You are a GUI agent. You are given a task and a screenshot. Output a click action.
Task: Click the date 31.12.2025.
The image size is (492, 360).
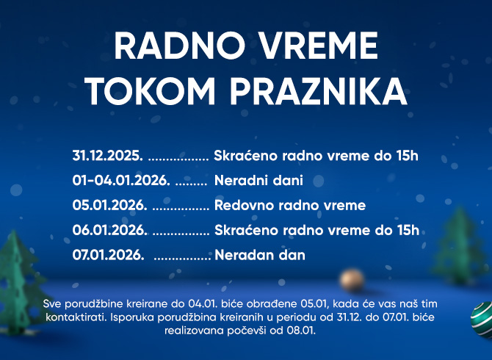click(x=107, y=156)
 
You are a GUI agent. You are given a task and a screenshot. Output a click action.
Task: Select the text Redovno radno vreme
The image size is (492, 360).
click(x=289, y=205)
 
